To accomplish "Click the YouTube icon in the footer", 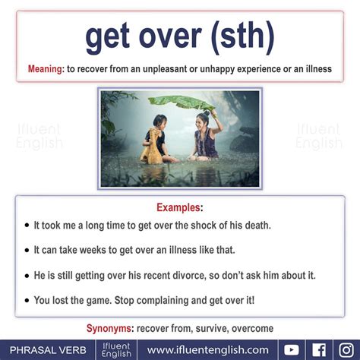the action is point(292,350).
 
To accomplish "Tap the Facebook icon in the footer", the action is point(319,350).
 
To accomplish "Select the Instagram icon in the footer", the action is point(346,350).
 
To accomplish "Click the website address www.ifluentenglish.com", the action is point(208,350).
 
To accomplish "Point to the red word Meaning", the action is point(45,69).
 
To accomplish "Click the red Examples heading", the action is point(178,207).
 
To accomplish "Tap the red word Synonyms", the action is point(109,328).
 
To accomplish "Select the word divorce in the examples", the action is point(189,276).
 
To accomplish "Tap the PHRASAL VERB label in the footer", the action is point(48,350).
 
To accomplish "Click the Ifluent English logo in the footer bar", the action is point(116,350).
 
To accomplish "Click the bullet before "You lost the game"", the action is point(27,301).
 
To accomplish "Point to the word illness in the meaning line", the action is point(319,69).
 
